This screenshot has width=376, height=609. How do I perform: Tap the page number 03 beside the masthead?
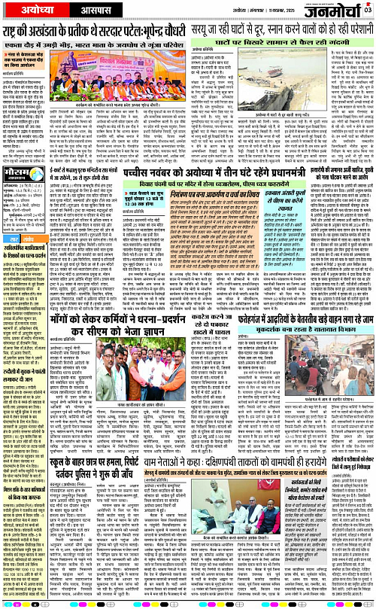point(368,10)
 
